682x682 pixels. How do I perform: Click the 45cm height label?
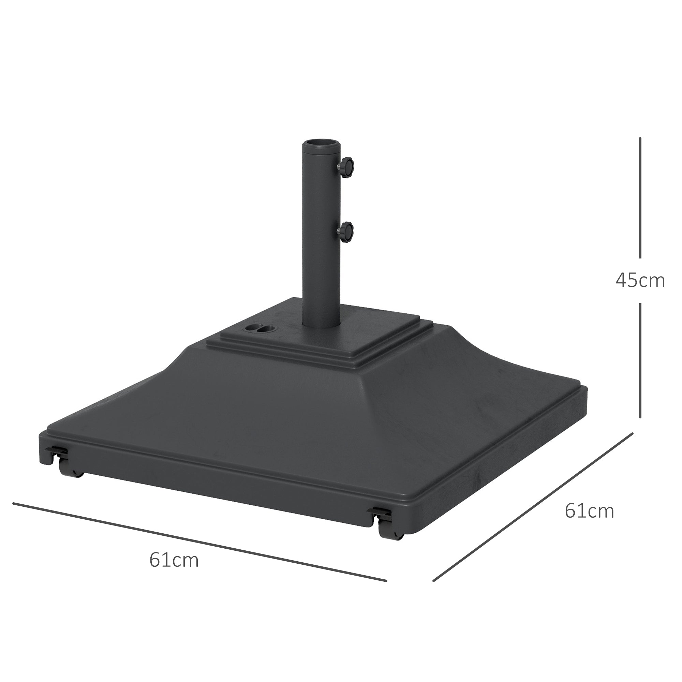pyautogui.click(x=640, y=281)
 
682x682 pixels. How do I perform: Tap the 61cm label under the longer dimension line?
pyautogui.click(x=174, y=561)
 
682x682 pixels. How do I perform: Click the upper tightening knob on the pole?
pyautogui.click(x=347, y=164)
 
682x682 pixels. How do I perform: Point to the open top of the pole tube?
pyautogui.click(x=321, y=143)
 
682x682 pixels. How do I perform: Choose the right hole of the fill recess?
pyautogui.click(x=263, y=329)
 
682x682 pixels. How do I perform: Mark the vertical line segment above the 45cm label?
pyautogui.click(x=640, y=198)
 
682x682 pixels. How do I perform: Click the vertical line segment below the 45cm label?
pyautogui.click(x=640, y=360)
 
